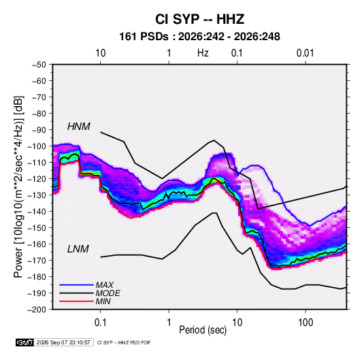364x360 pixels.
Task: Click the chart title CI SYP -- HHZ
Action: pos(199,19)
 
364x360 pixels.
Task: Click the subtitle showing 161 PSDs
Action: pos(199,37)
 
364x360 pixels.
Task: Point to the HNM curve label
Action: pos(79,127)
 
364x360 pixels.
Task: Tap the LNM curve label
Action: pos(78,249)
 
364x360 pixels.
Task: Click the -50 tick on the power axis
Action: pos(39,65)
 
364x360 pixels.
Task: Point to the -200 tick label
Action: pos(37,310)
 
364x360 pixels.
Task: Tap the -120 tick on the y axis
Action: pos(37,179)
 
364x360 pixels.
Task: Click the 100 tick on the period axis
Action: pos(305,323)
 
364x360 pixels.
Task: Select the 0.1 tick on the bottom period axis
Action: pos(100,323)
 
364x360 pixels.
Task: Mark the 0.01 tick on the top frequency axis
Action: pos(305,53)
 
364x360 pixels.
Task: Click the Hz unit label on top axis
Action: pos(203,53)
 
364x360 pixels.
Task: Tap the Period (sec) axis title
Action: pos(203,330)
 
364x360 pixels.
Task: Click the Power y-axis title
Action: pos(18,186)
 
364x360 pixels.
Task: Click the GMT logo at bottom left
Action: pos(24,342)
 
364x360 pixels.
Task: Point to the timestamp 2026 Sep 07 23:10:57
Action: pos(63,342)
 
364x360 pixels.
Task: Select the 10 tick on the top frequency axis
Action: pos(100,53)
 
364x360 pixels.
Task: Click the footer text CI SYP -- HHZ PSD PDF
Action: pos(124,342)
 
